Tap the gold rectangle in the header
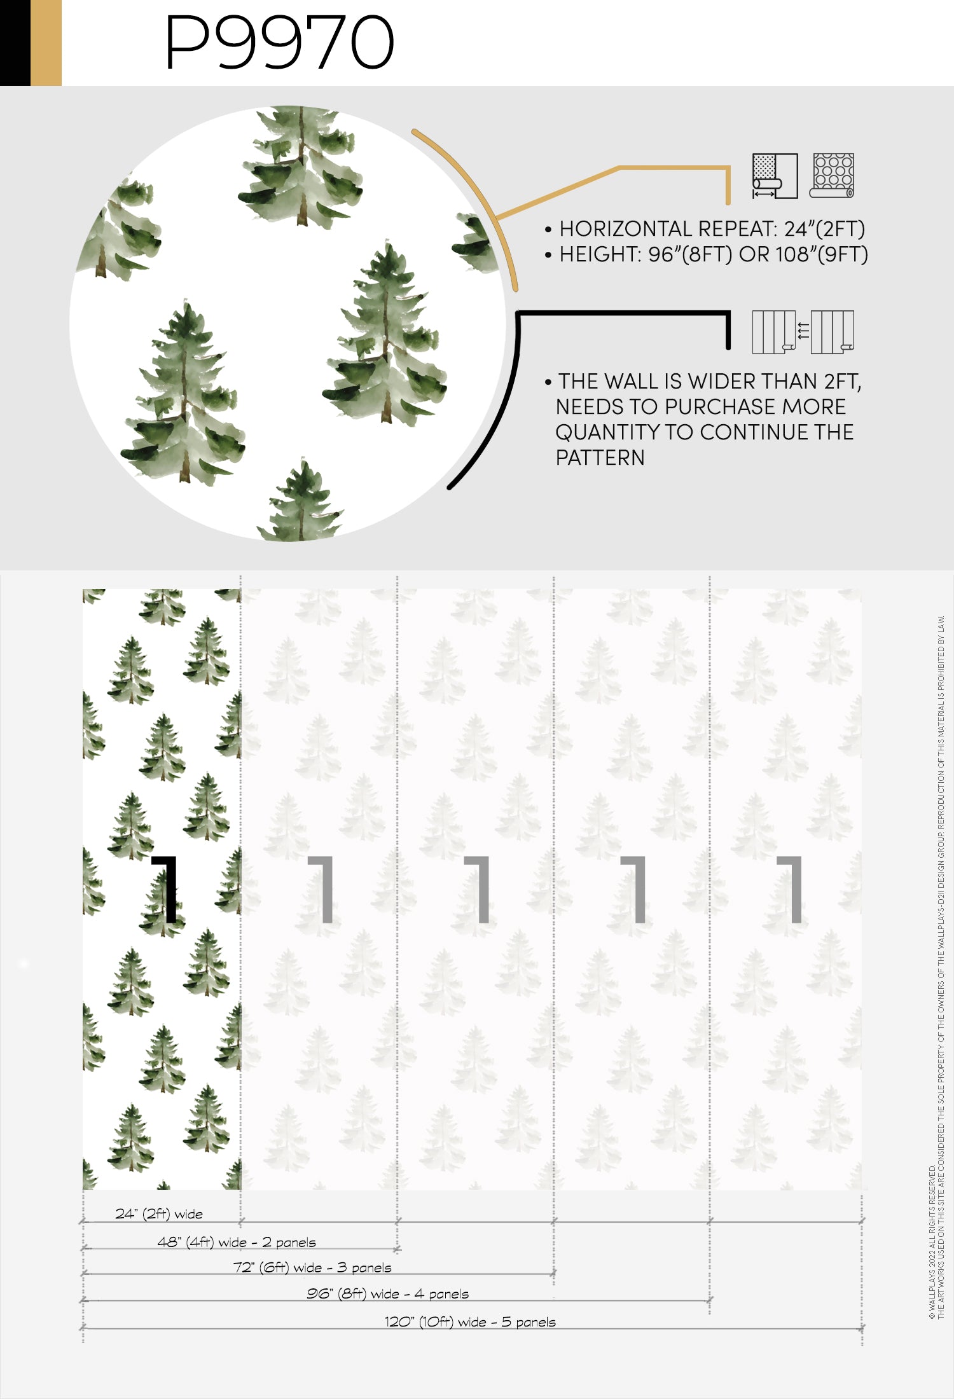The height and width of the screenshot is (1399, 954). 46,43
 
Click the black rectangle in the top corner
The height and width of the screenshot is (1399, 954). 15,43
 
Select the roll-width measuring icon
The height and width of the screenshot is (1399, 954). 775,176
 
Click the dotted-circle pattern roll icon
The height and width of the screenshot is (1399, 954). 832,176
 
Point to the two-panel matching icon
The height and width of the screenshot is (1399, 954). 803,331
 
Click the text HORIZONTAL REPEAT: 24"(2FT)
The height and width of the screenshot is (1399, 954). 712,229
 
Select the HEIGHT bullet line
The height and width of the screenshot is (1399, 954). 706,254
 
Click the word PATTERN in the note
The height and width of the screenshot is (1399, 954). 600,458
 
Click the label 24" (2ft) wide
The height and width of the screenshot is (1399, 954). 159,1213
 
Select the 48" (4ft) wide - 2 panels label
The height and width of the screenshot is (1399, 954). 237,1242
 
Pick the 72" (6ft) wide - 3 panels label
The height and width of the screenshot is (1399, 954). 312,1267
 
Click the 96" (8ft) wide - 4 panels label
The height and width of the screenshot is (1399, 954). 387,1293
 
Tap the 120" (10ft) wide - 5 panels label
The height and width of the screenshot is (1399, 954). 470,1321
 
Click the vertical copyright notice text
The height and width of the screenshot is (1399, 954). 937,967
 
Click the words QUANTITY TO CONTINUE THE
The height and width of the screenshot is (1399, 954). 705,432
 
